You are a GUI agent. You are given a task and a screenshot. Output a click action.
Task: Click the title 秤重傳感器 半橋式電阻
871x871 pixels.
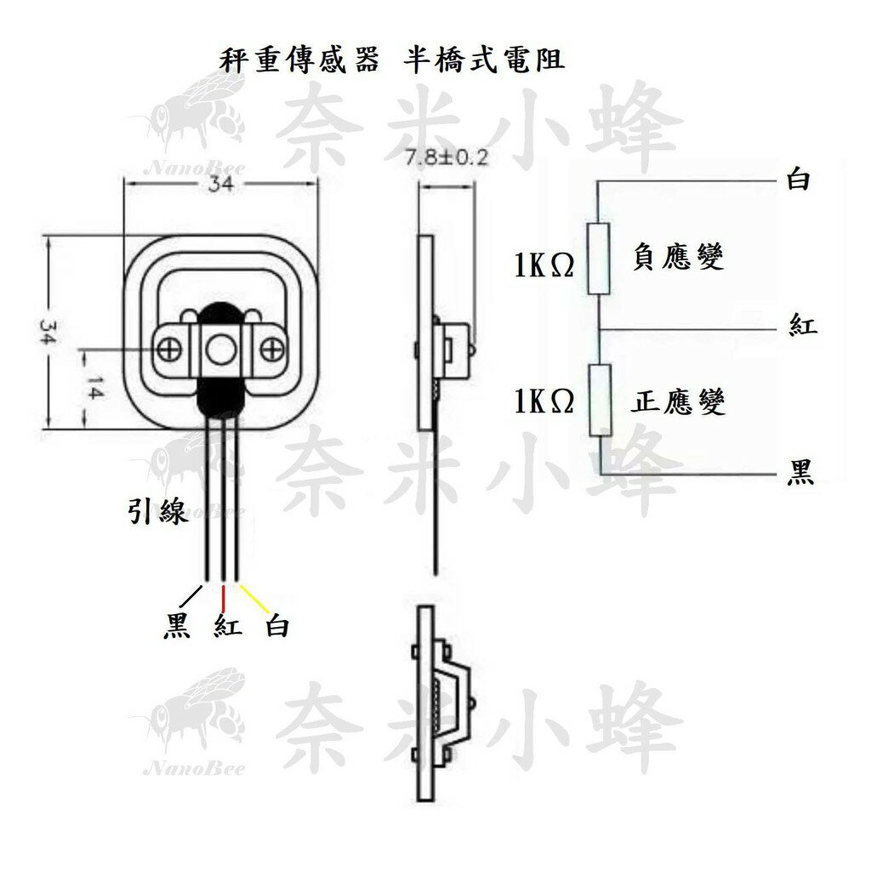click(x=392, y=61)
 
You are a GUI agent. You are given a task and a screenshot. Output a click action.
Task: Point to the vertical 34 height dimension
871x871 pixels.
click(x=48, y=333)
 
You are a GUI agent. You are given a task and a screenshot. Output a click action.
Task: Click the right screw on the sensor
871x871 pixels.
click(x=272, y=349)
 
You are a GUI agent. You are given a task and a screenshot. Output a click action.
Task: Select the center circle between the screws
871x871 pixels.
click(x=221, y=349)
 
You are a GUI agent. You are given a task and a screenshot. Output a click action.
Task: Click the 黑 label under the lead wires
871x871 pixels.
click(x=176, y=627)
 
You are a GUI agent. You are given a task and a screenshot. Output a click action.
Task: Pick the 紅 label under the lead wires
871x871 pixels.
click(x=228, y=627)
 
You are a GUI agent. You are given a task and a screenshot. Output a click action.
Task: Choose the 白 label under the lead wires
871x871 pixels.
click(x=277, y=627)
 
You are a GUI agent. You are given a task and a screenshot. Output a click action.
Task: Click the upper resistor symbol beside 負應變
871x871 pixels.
click(x=599, y=259)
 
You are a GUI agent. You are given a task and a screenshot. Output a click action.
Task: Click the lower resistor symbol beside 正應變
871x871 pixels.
click(x=601, y=401)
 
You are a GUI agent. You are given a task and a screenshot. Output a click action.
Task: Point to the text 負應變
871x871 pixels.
click(x=679, y=257)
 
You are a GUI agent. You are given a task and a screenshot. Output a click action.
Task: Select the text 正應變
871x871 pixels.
click(x=679, y=402)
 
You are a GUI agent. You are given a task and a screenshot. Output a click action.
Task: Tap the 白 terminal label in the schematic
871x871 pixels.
click(x=799, y=180)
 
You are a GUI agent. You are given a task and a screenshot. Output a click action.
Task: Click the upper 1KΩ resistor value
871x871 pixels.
click(x=544, y=266)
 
